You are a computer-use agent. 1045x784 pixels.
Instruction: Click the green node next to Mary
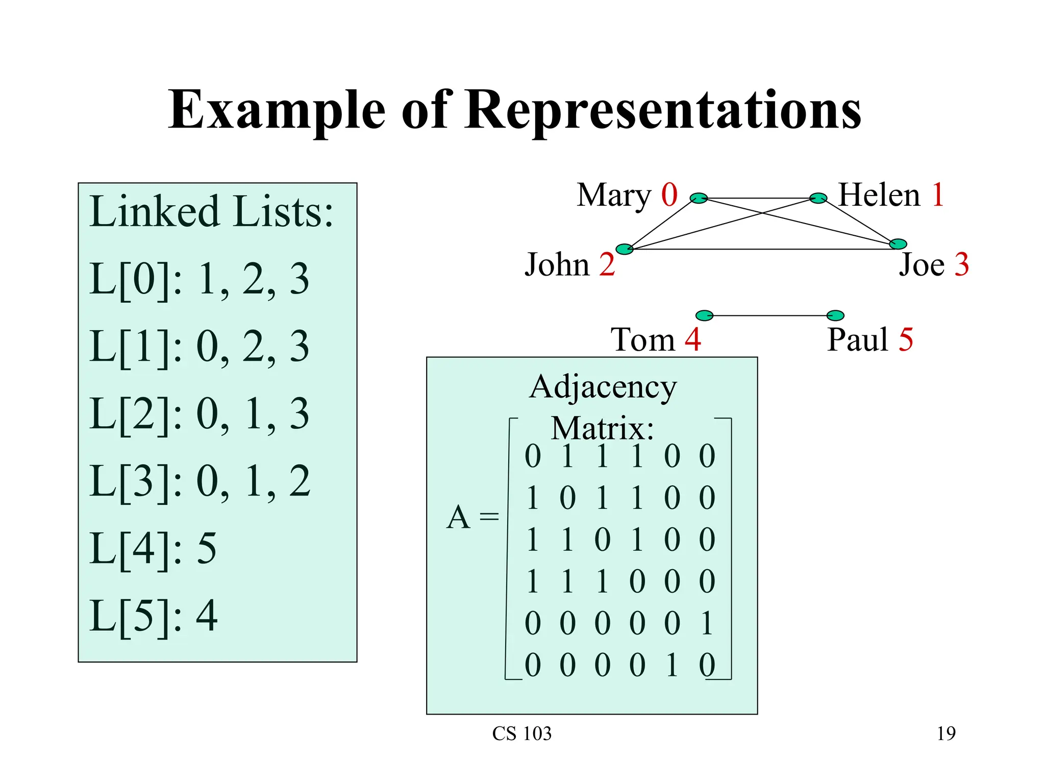(699, 198)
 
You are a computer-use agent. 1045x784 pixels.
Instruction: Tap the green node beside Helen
(818, 198)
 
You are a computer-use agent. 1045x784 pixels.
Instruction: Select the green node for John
(624, 249)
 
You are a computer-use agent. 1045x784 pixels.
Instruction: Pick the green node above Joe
(898, 244)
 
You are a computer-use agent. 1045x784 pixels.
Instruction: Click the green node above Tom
(704, 315)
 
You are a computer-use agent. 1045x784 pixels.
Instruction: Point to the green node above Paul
(835, 315)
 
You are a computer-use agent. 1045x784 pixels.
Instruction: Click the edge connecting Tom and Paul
(769, 316)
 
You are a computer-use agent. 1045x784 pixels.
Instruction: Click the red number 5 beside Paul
(906, 340)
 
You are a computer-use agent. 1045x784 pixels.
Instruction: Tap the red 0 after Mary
(669, 195)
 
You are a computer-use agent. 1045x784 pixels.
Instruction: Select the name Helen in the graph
(879, 195)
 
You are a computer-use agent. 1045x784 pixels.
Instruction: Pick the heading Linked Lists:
(211, 211)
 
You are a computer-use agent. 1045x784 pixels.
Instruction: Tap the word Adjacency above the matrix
(603, 387)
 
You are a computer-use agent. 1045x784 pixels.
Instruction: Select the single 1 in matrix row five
(707, 623)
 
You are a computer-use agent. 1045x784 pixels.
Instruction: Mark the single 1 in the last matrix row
(672, 665)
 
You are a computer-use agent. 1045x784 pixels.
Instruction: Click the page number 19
(946, 733)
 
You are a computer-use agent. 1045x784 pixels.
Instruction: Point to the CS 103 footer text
(521, 733)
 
